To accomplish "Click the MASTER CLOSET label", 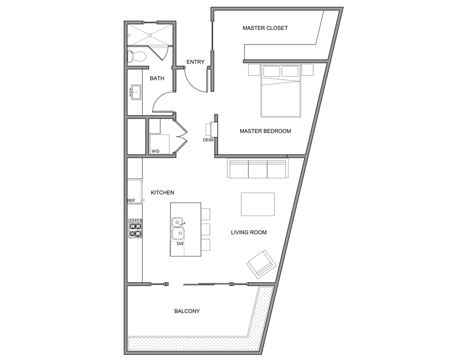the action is coord(265,28).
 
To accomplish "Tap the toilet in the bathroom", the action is coord(136,56).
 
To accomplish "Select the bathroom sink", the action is coord(135,92).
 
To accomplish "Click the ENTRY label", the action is coord(195,62).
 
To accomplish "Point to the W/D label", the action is coord(155,151).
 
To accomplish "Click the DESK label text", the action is coord(208,140).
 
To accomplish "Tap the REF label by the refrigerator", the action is coord(132,201).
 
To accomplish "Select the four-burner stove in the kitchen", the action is coord(135,228).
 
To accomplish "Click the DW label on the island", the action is coord(180,244).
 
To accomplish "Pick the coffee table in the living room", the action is coord(258,204).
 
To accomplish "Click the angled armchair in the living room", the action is coord(261,264).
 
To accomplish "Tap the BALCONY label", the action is coord(187,311).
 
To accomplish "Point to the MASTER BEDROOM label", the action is coord(265,131).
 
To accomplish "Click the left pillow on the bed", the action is coord(271,71).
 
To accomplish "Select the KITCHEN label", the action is coord(162,193).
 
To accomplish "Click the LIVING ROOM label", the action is coord(249,232).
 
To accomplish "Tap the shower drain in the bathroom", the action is coord(150,36).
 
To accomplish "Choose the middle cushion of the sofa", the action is coord(258,169).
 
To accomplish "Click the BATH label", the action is coord(157,78).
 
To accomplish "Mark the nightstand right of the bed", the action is coord(307,70).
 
